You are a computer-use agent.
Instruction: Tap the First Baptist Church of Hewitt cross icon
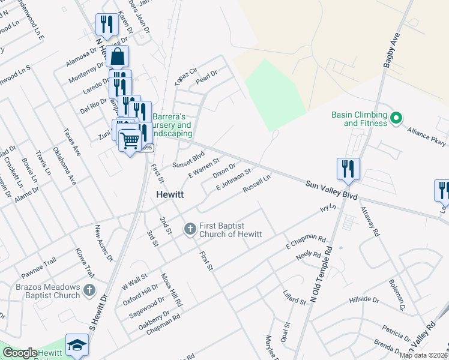pyautogui.click(x=190, y=229)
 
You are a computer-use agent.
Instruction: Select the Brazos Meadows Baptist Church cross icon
pyautogui.click(x=89, y=290)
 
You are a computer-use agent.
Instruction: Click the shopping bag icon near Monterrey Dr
pyautogui.click(x=118, y=58)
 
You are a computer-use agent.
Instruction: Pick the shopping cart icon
pyautogui.click(x=130, y=141)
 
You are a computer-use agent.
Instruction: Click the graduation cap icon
pyautogui.click(x=77, y=346)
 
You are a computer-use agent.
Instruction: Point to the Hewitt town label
pyautogui.click(x=169, y=195)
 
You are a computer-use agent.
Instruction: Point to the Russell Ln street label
pyautogui.click(x=257, y=184)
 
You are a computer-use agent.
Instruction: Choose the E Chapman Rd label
pyautogui.click(x=305, y=242)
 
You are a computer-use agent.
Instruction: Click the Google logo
pyautogui.click(x=20, y=353)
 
